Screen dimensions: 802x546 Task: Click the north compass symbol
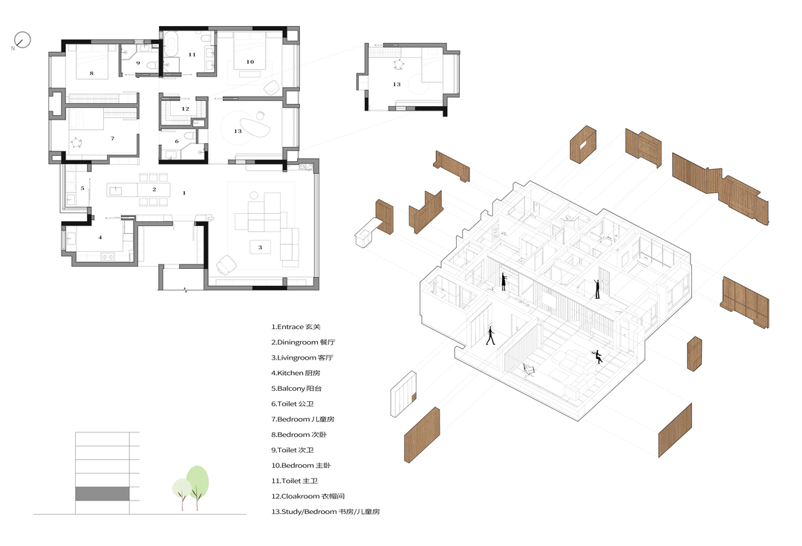click(x=22, y=40)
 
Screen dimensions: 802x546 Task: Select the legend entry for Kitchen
click(x=296, y=373)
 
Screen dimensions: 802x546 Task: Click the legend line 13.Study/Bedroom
click(x=325, y=511)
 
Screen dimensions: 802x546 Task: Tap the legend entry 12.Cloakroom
click(x=308, y=495)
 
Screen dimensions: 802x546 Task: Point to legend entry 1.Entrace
click(x=296, y=327)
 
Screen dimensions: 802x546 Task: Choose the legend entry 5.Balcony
click(x=296, y=389)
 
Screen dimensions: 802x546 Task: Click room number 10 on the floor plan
click(x=250, y=62)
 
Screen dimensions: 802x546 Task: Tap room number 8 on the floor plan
click(x=91, y=74)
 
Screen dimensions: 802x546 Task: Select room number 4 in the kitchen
click(x=100, y=238)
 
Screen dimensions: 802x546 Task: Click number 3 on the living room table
click(x=260, y=247)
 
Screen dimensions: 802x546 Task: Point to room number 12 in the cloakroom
click(x=185, y=109)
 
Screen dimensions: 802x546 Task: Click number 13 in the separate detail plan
click(x=397, y=85)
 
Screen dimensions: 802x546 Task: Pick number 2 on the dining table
click(x=154, y=189)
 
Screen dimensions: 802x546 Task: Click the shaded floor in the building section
click(x=102, y=494)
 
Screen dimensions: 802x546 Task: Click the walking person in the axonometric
click(x=491, y=336)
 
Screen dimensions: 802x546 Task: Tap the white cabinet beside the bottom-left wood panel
click(x=403, y=394)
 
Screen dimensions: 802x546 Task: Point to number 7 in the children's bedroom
click(x=113, y=139)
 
